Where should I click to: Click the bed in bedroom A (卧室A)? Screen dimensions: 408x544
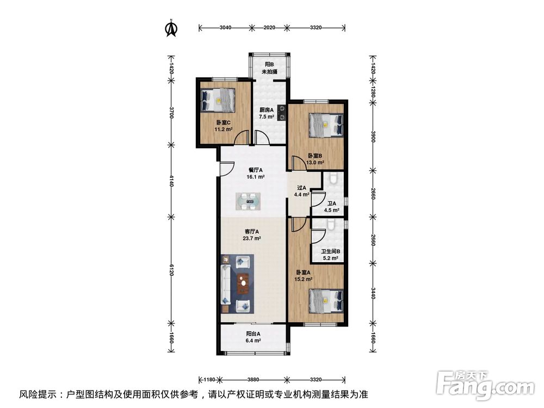click(325, 301)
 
